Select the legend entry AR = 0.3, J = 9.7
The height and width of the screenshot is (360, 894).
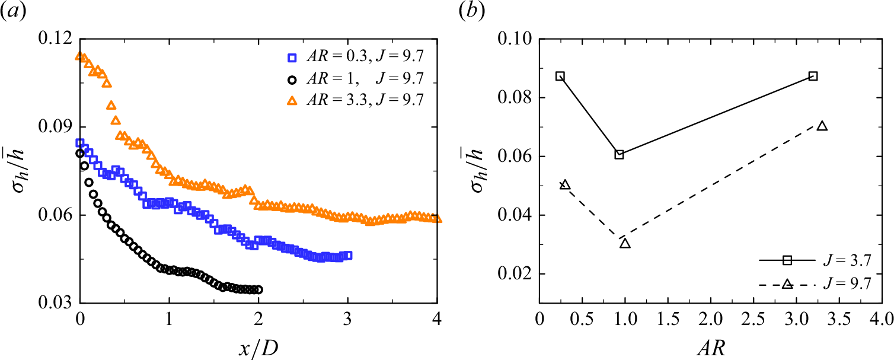pos(356,58)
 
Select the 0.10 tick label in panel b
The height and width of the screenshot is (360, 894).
pos(516,39)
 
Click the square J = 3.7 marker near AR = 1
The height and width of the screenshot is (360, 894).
pos(619,155)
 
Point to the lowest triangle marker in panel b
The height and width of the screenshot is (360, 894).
pos(625,243)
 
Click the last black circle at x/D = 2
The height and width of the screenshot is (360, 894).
pos(258,289)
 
